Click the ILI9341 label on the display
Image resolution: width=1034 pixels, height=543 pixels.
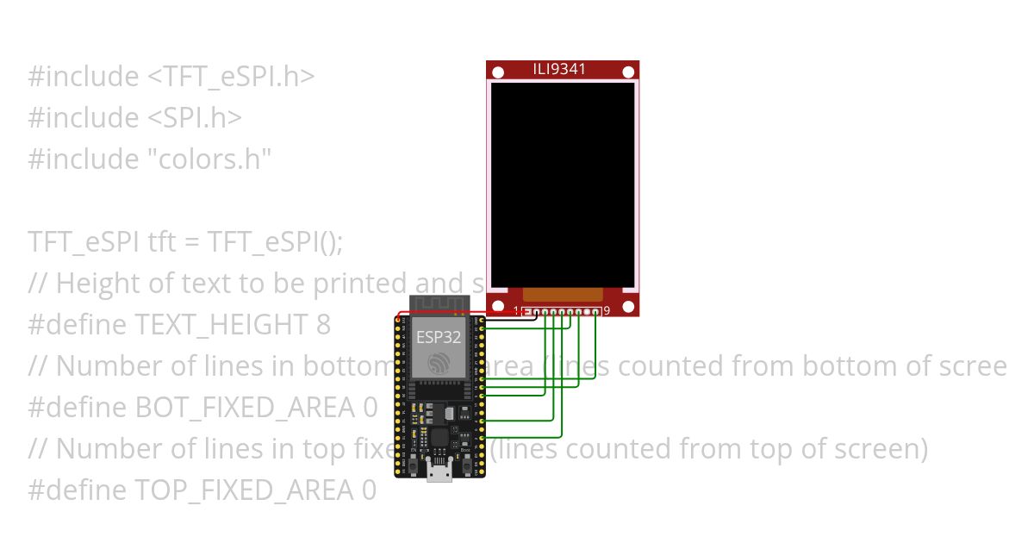pyautogui.click(x=560, y=69)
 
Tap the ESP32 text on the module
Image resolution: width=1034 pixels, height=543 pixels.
pyautogui.click(x=439, y=337)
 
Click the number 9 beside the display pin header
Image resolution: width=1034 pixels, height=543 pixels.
pyautogui.click(x=607, y=311)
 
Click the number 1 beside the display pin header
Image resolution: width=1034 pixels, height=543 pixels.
pyautogui.click(x=516, y=311)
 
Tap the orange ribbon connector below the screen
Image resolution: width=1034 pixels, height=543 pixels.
pyautogui.click(x=563, y=294)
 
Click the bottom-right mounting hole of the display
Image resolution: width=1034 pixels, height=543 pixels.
pyautogui.click(x=629, y=306)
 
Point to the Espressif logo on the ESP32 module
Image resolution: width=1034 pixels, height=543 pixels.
pyautogui.click(x=439, y=363)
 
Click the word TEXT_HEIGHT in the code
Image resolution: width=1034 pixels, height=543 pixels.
pyautogui.click(x=219, y=325)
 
